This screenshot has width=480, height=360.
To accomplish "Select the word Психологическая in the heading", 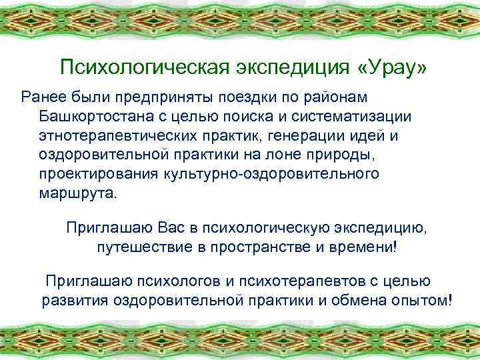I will pyautogui.click(x=141, y=68).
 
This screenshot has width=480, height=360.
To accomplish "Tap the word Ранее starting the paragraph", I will pyautogui.click(x=44, y=97).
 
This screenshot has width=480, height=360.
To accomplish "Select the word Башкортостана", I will pyautogui.click(x=99, y=117).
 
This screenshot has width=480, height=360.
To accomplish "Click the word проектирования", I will pyautogui.click(x=96, y=175).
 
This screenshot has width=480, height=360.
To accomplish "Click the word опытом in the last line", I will pyautogui.click(x=423, y=299).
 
